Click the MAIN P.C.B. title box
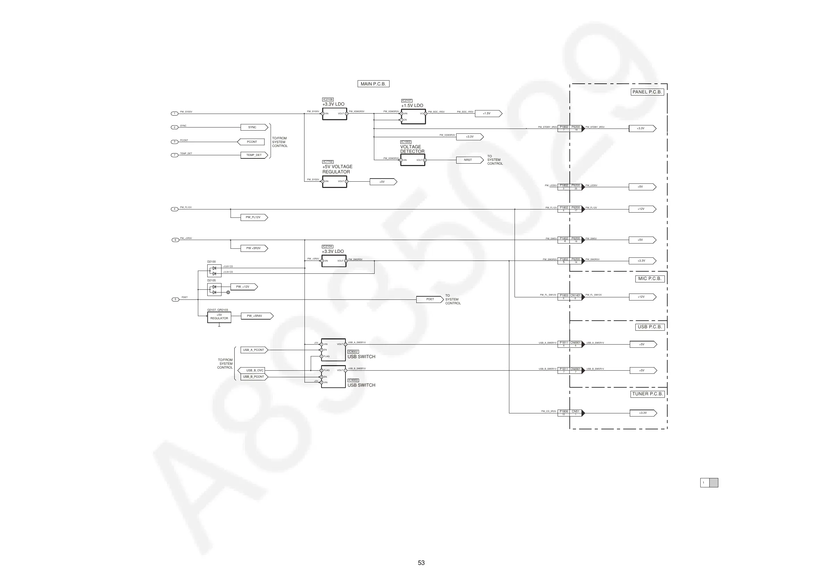tap(373, 84)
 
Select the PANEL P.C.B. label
tap(647, 92)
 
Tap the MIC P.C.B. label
tap(650, 279)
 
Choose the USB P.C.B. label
tap(650, 327)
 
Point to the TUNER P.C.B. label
tap(647, 394)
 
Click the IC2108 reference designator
tap(328, 99)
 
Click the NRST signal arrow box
tap(469, 160)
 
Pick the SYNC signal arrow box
tap(254, 127)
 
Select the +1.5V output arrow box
tap(488, 114)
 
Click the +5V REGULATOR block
tap(219, 317)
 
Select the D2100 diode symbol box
tap(214, 271)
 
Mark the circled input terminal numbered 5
tap(175, 299)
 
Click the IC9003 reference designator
tap(353, 380)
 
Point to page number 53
tap(421, 563)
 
